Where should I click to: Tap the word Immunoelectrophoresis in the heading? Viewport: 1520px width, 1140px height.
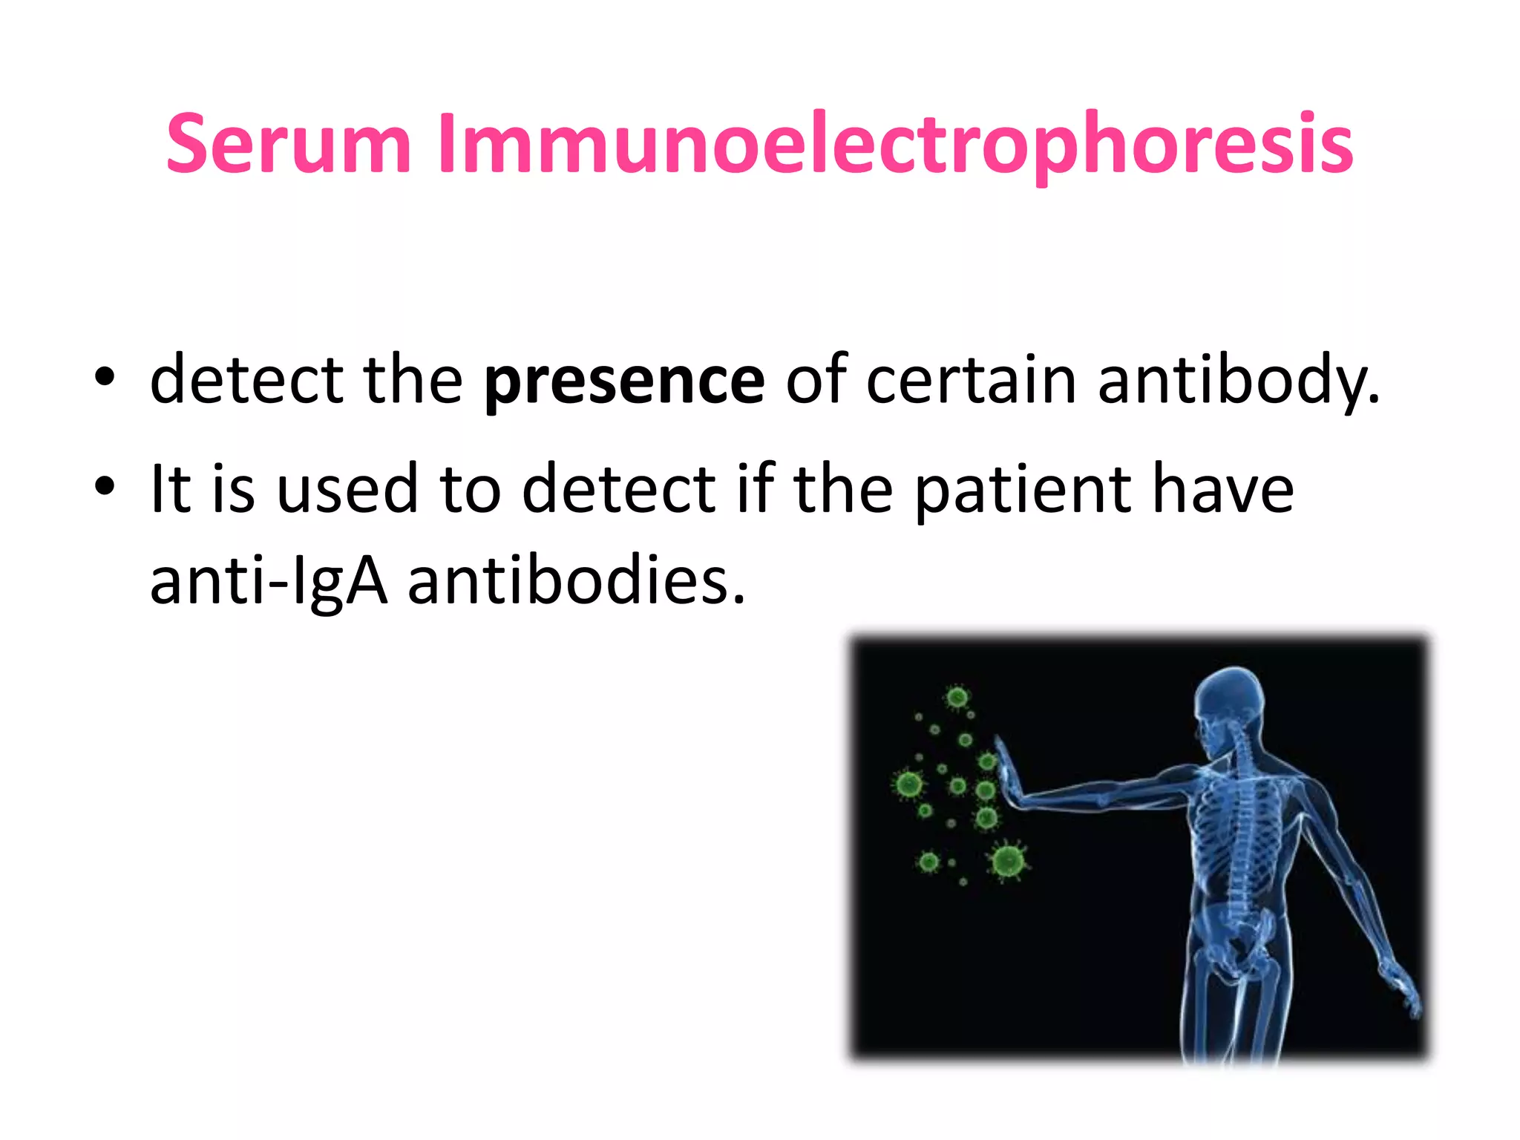(895, 145)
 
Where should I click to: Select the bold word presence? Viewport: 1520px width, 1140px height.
(623, 381)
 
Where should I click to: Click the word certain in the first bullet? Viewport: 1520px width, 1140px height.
(971, 381)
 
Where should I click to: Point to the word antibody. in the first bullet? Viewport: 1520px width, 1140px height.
(1238, 381)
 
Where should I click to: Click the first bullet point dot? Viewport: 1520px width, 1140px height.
(105, 378)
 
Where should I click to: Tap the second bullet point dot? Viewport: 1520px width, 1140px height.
(105, 487)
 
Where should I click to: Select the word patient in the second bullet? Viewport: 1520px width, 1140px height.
(1023, 490)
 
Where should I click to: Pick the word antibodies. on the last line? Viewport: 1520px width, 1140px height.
(576, 581)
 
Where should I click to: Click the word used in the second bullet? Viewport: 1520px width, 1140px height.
(347, 490)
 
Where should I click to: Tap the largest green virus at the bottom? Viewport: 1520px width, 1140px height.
(1008, 861)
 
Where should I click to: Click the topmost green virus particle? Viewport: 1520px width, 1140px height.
(957, 697)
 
